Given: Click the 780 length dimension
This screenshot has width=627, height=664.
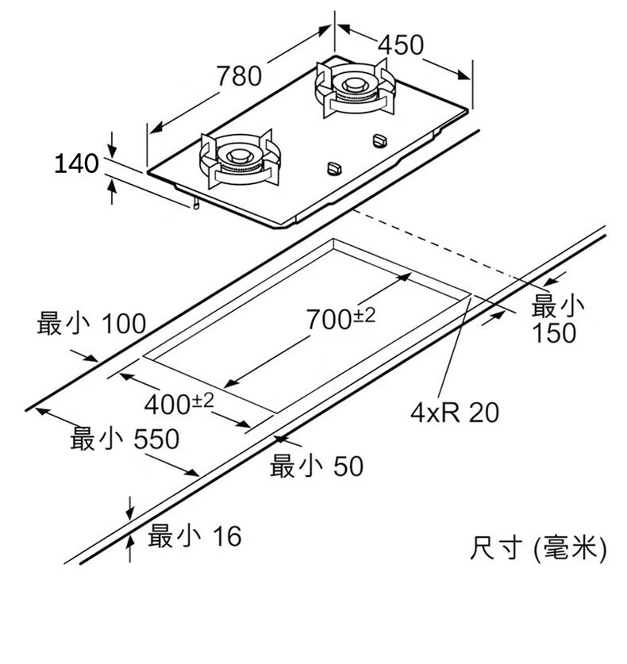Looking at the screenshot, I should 238,76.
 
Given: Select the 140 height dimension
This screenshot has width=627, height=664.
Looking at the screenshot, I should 76,164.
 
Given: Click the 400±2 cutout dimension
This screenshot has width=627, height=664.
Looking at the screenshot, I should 179,404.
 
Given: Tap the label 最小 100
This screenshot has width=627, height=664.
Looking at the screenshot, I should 91,323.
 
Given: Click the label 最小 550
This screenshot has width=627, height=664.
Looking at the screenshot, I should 125,439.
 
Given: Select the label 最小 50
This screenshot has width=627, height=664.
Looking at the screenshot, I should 317,466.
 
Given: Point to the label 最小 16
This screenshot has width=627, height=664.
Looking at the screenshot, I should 194,536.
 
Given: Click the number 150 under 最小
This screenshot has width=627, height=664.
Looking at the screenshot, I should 554,333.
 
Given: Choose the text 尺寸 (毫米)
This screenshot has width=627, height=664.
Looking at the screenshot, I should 537,547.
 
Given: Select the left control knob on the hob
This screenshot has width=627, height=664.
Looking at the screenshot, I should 334,168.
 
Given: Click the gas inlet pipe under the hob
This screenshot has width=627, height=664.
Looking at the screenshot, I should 194,205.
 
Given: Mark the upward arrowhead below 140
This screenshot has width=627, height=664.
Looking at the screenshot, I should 112,187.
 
